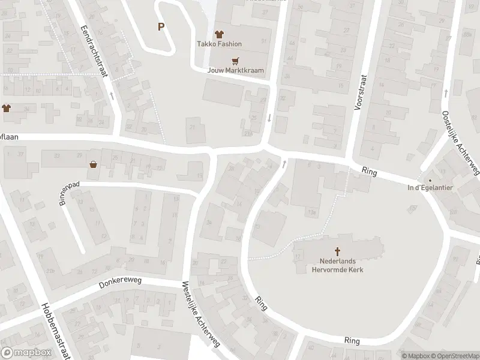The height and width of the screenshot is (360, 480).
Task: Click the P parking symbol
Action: (161, 26)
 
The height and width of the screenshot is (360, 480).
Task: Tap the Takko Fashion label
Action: (219, 44)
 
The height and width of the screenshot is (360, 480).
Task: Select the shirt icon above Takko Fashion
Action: (219, 34)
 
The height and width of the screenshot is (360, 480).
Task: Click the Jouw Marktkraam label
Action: (235, 70)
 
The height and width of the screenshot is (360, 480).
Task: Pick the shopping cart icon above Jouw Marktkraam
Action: (235, 60)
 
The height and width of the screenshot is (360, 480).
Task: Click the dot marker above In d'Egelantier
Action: (429, 180)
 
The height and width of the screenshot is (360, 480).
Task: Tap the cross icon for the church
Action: (337, 252)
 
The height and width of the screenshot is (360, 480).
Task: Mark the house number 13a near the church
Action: (311, 212)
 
